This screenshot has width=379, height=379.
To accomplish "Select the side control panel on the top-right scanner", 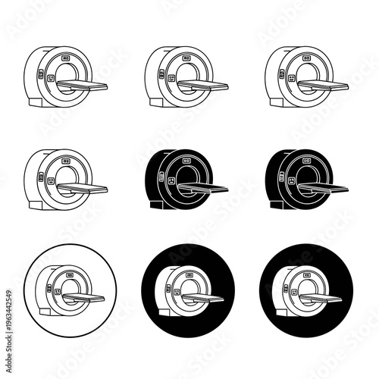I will (282, 75).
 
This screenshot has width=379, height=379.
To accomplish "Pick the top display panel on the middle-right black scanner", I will (305, 161).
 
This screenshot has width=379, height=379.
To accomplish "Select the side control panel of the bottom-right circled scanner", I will (287, 287).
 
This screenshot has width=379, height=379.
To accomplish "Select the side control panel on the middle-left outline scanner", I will (49, 180).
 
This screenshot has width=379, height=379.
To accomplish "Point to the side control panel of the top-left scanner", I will (50, 75).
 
